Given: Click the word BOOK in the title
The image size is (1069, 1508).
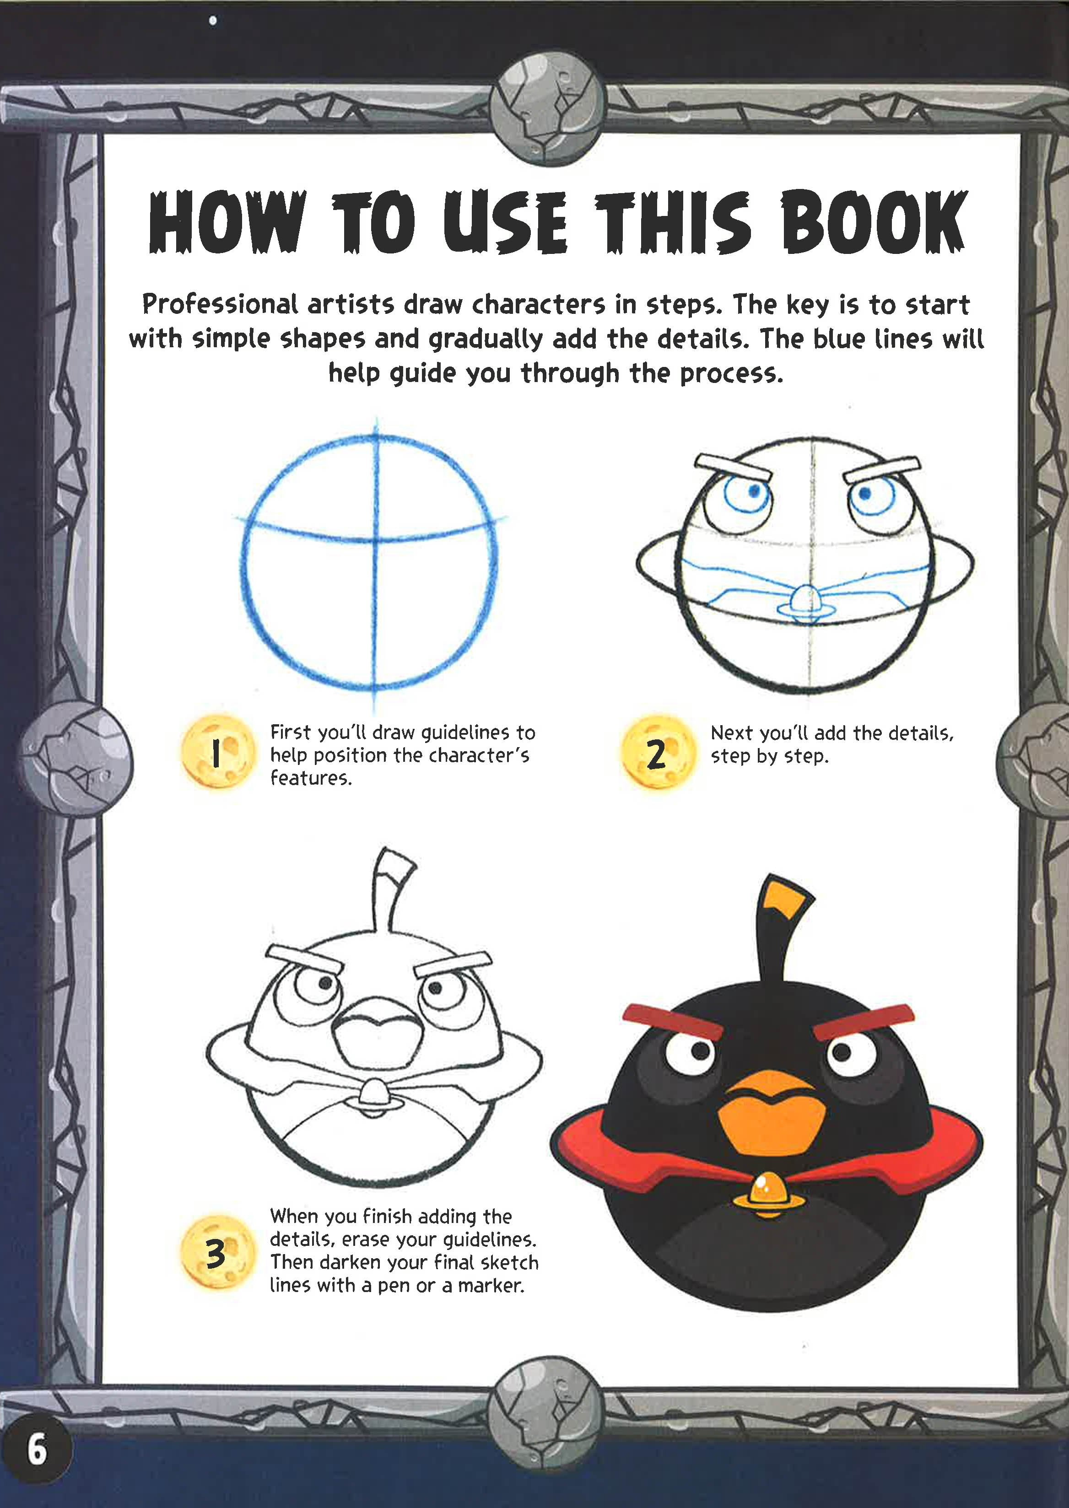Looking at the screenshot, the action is [874, 222].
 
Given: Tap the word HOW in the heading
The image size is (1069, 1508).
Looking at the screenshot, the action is [227, 222].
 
